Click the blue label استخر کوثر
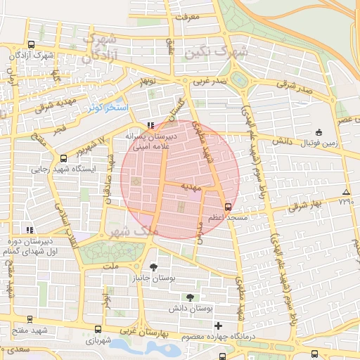(x=108, y=108)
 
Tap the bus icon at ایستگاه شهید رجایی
(x=64, y=158)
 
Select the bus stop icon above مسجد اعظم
(x=227, y=207)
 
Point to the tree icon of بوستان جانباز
(x=154, y=267)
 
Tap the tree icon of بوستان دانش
(x=190, y=297)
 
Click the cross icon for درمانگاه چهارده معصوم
(x=219, y=326)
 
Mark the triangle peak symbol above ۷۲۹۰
(x=345, y=192)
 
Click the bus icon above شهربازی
(x=97, y=328)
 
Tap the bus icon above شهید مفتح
(x=29, y=319)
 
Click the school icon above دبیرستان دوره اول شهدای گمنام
(x=29, y=229)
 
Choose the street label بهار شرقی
(x=304, y=205)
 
